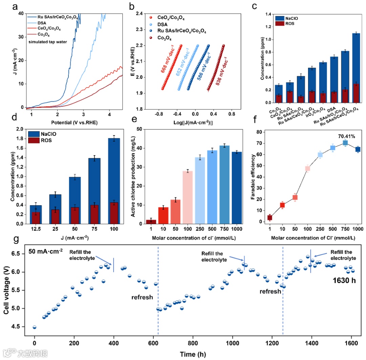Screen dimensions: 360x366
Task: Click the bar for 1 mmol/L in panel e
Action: coord(153,222)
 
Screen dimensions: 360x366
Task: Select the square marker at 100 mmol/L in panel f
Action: coord(308,168)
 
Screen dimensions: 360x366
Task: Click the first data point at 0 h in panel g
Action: coord(35,327)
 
